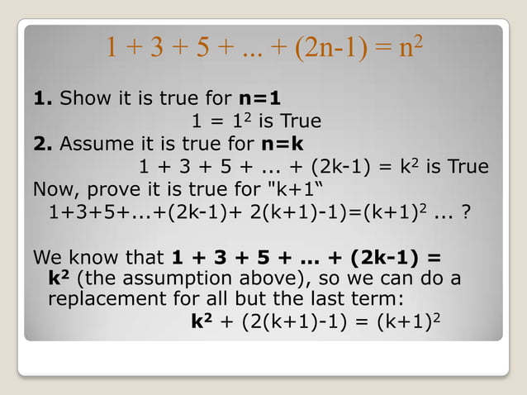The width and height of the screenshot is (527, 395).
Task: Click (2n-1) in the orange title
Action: coord(325,47)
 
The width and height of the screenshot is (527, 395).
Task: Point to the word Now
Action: coord(55,189)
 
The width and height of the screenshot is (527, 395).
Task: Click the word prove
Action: coord(113,189)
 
